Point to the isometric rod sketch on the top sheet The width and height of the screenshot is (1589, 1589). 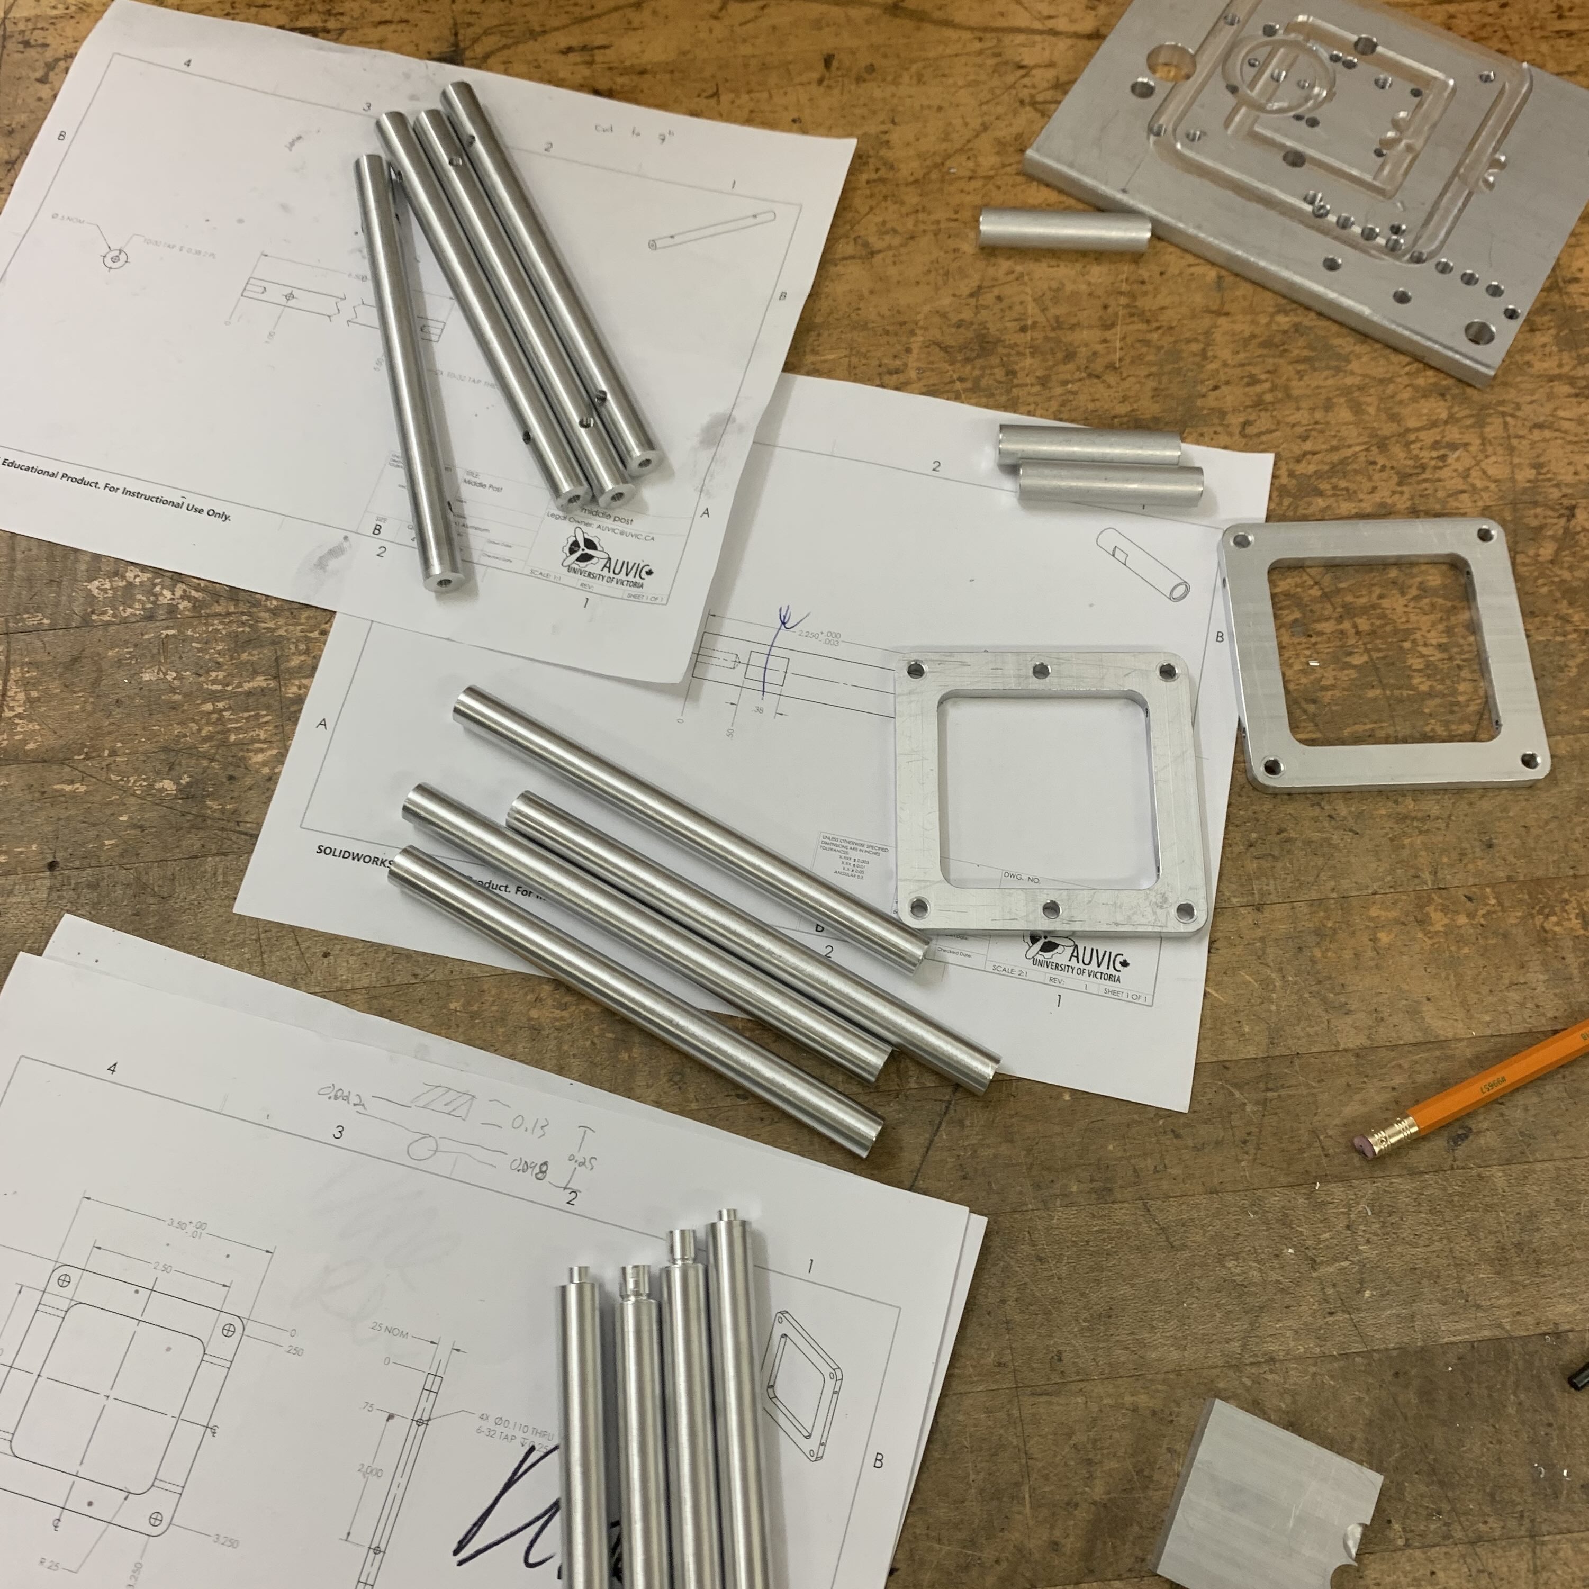click(709, 231)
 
